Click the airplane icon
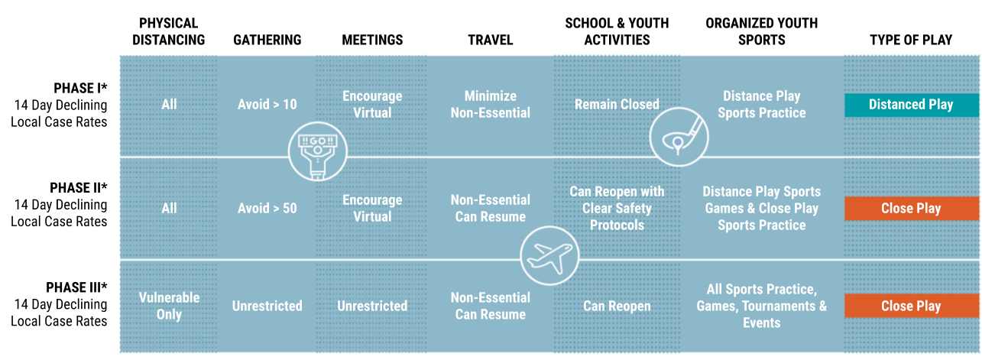549,256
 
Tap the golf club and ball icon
679,137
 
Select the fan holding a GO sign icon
318,151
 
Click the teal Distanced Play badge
912,105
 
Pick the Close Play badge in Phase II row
912,209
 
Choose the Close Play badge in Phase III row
912,306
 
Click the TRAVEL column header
490,40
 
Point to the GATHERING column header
267,40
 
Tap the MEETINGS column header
372,40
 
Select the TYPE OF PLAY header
911,40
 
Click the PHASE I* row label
80,88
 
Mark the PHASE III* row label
76,287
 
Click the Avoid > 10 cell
267,105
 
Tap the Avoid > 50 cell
267,208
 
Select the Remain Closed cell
617,105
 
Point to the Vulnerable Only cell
169,306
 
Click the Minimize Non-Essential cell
490,105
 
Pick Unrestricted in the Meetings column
372,306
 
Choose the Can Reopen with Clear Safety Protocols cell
617,209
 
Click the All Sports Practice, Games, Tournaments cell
761,306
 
